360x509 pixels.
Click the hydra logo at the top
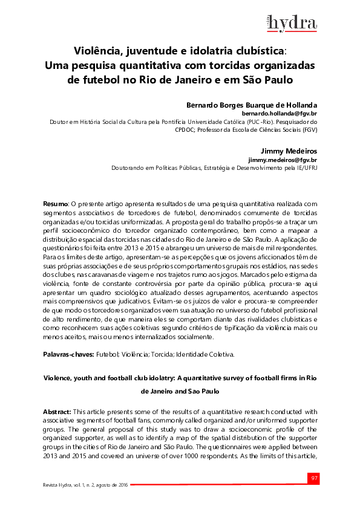coord(292,22)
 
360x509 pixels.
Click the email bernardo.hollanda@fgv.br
coord(279,113)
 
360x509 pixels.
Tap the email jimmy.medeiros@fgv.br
coord(283,160)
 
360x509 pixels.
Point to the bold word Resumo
coord(56,205)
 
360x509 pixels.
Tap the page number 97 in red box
coord(314,479)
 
